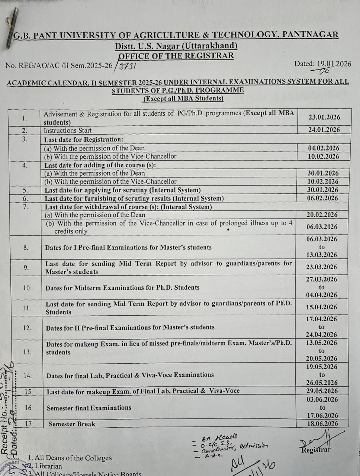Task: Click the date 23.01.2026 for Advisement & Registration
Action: point(324,117)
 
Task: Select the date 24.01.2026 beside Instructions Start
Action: point(324,130)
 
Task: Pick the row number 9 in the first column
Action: point(26,267)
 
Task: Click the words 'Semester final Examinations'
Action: point(89,408)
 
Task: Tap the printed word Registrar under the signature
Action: point(315,450)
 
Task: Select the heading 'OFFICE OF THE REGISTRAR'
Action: point(176,56)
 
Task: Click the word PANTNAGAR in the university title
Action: point(310,35)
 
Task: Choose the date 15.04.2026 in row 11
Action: point(322,307)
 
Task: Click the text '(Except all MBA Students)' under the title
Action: point(183,99)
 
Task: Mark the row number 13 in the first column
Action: point(27,352)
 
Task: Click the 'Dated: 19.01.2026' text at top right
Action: point(322,64)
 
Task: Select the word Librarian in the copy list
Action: point(48,466)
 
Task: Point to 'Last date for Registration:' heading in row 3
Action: point(83,140)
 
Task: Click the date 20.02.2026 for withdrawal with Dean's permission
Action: point(322,215)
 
